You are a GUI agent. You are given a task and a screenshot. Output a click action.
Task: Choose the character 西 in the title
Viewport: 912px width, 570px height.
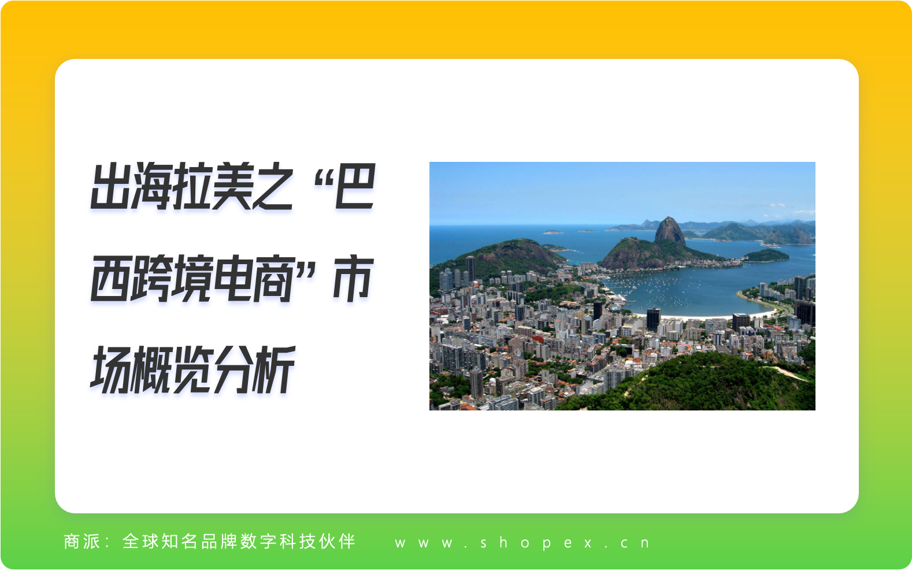pyautogui.click(x=111, y=279)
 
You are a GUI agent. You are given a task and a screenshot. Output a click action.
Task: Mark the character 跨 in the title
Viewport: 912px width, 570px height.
pyautogui.click(x=151, y=279)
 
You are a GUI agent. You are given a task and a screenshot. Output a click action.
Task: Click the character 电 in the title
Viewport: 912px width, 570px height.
pyautogui.click(x=232, y=279)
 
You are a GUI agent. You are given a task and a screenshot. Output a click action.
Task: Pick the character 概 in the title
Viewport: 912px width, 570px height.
pyautogui.click(x=151, y=369)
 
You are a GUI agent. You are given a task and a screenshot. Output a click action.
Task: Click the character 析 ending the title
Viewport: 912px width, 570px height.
pyautogui.click(x=273, y=369)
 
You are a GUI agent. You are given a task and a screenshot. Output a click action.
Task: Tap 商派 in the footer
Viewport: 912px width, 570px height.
pyautogui.click(x=82, y=542)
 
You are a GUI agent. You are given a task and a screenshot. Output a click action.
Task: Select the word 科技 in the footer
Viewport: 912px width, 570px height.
pyautogui.click(x=298, y=542)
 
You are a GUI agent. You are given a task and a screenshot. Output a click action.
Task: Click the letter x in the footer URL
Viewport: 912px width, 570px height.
pyautogui.click(x=588, y=543)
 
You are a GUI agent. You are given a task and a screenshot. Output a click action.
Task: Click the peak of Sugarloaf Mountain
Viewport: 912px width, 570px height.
pyautogui.click(x=669, y=219)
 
